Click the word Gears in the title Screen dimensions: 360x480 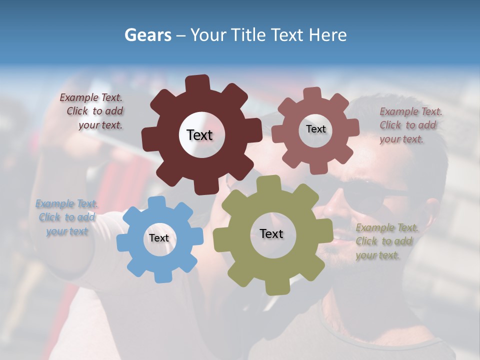pos(147,35)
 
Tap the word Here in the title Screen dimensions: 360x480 pos(327,35)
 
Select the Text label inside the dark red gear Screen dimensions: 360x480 pos(199,135)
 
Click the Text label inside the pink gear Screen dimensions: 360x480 pos(315,129)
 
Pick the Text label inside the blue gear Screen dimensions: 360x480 pos(159,238)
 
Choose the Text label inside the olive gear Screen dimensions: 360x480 pos(271,233)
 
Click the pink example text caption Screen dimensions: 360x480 pos(410,125)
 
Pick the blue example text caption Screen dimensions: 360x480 pos(66,217)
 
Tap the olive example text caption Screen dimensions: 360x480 pos(386,241)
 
